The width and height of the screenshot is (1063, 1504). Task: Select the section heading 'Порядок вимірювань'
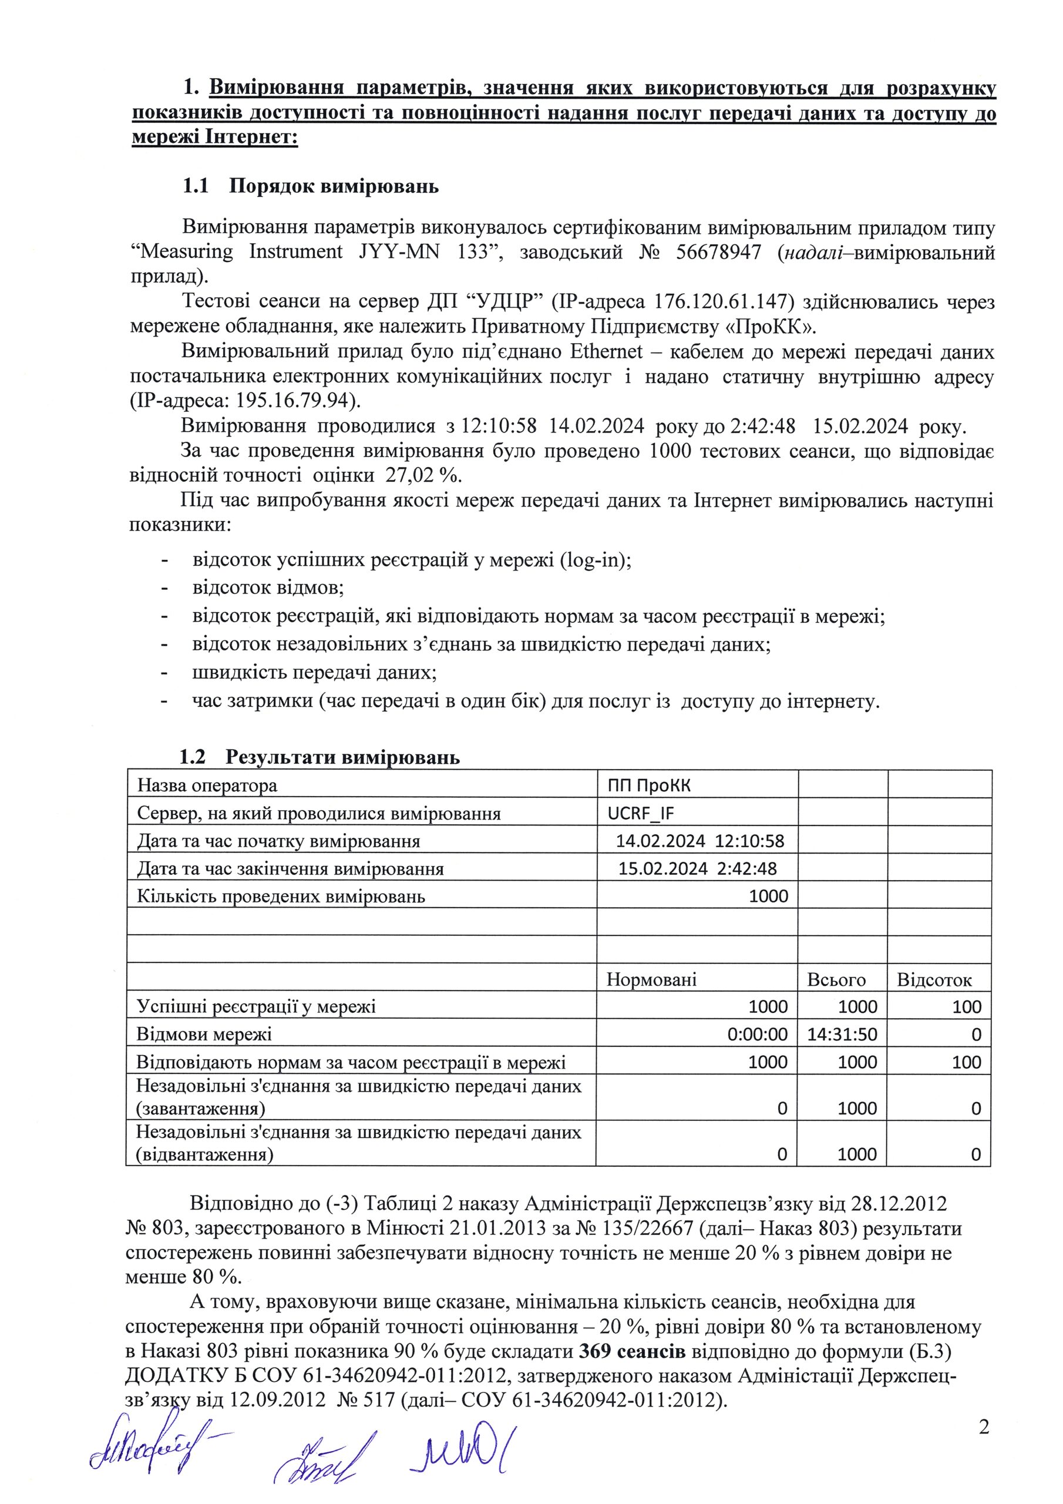tap(334, 187)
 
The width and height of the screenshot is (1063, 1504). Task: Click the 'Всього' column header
tap(836, 980)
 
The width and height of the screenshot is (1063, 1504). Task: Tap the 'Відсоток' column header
tap(934, 980)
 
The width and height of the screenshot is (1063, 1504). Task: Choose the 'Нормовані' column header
tap(651, 980)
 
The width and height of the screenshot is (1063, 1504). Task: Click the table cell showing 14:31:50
tap(842, 1035)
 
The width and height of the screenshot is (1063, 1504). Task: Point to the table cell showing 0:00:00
tap(757, 1035)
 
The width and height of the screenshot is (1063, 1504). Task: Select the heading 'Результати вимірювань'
tap(342, 758)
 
